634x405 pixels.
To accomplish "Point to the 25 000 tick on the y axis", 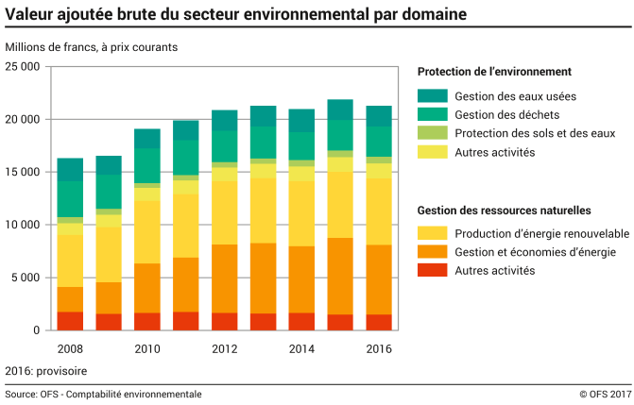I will click(x=23, y=67).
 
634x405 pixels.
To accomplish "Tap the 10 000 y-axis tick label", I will click(x=23, y=225).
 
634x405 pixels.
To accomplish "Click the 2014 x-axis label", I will click(x=301, y=349).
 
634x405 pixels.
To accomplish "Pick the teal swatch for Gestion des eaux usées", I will click(x=432, y=95).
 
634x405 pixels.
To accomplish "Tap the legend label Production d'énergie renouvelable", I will click(x=541, y=233).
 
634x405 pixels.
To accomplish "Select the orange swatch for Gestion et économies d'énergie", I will click(x=432, y=252).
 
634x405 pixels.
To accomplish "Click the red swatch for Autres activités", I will click(x=432, y=271).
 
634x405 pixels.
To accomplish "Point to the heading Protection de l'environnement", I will click(x=494, y=72).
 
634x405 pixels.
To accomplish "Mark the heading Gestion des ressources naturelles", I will click(x=504, y=210).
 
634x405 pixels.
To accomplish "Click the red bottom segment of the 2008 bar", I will click(x=70, y=321).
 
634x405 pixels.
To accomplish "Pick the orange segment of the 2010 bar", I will click(x=146, y=288).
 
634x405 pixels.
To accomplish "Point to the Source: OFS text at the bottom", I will click(x=103, y=394).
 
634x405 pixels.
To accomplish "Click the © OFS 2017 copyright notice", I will click(x=604, y=394).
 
